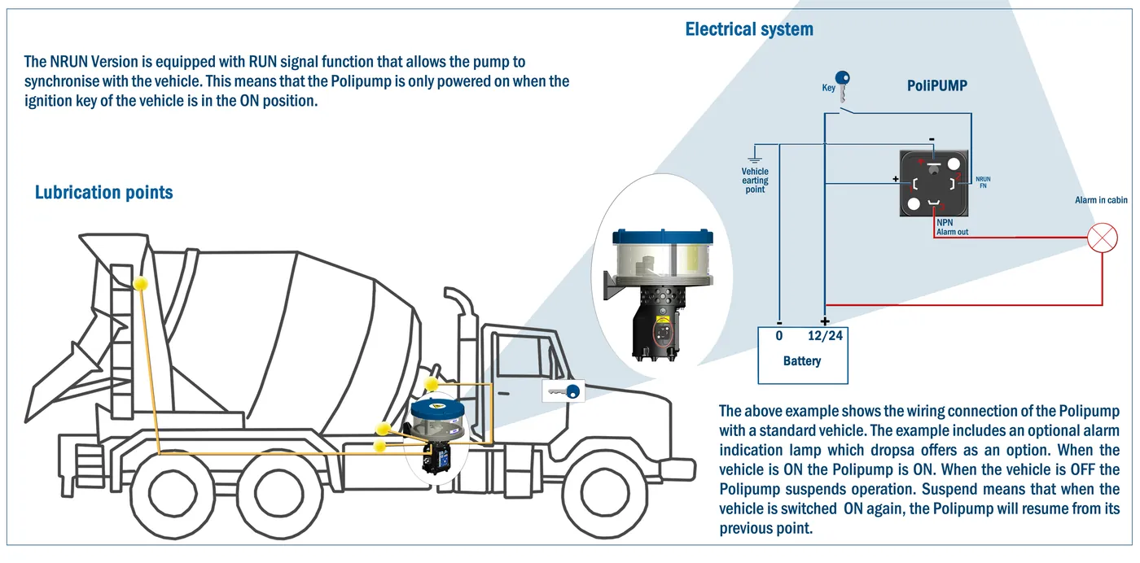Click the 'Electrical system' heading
point(749,29)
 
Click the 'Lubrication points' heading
point(104,192)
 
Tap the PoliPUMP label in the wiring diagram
point(937,85)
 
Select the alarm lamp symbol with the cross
point(1103,238)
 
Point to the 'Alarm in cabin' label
point(1101,200)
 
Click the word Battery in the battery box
point(802,360)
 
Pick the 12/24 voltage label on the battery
point(825,336)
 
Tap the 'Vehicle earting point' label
point(755,180)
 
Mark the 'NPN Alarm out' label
point(952,227)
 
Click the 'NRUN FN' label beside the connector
point(983,182)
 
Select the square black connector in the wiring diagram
point(934,183)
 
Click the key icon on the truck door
point(563,391)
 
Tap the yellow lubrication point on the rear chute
point(140,283)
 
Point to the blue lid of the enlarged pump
point(663,237)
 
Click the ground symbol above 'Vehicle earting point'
point(754,154)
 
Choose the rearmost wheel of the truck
point(173,494)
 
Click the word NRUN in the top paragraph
point(68,62)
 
